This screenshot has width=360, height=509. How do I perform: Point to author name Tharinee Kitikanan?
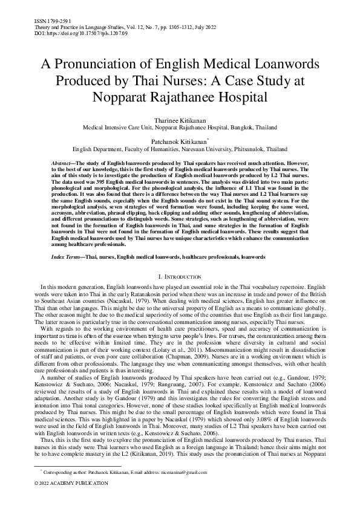pyautogui.click(x=180, y=120)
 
